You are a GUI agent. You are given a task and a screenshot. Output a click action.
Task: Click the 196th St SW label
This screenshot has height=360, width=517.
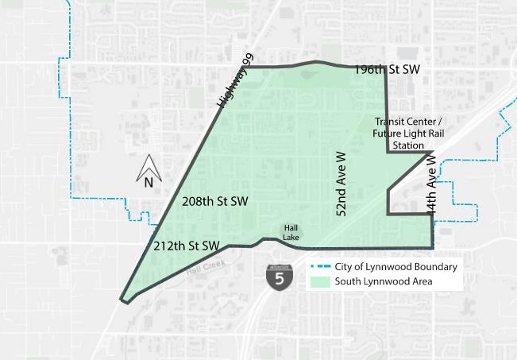click(x=387, y=70)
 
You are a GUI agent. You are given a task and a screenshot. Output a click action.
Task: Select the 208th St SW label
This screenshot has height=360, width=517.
click(x=214, y=201)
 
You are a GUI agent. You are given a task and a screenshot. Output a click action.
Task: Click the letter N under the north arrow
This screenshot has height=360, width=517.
click(x=149, y=182)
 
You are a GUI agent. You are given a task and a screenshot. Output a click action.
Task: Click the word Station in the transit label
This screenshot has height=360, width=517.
click(x=408, y=145)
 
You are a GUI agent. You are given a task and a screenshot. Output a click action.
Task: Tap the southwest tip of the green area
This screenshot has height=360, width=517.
click(x=122, y=300)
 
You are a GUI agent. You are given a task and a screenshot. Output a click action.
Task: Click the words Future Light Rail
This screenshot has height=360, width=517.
click(x=408, y=134)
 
